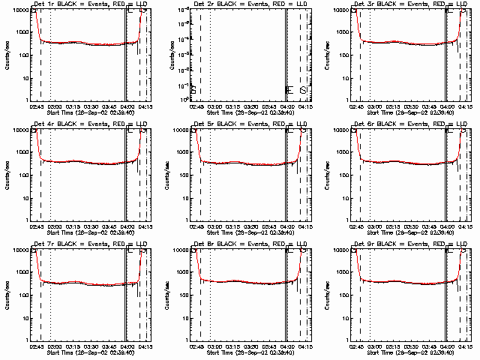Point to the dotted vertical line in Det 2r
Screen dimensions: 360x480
210,52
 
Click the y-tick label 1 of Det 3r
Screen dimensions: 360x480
349,100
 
